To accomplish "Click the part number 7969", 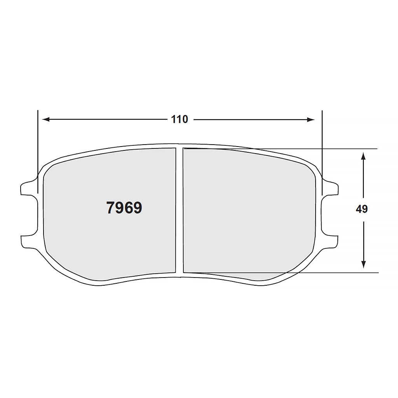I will pyautogui.click(x=124, y=208).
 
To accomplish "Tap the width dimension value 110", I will pyautogui.click(x=180, y=119).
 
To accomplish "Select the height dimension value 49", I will pyautogui.click(x=361, y=209).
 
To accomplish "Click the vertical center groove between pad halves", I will pyautogui.click(x=179, y=210).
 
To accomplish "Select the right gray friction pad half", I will pyautogui.click(x=249, y=210).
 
